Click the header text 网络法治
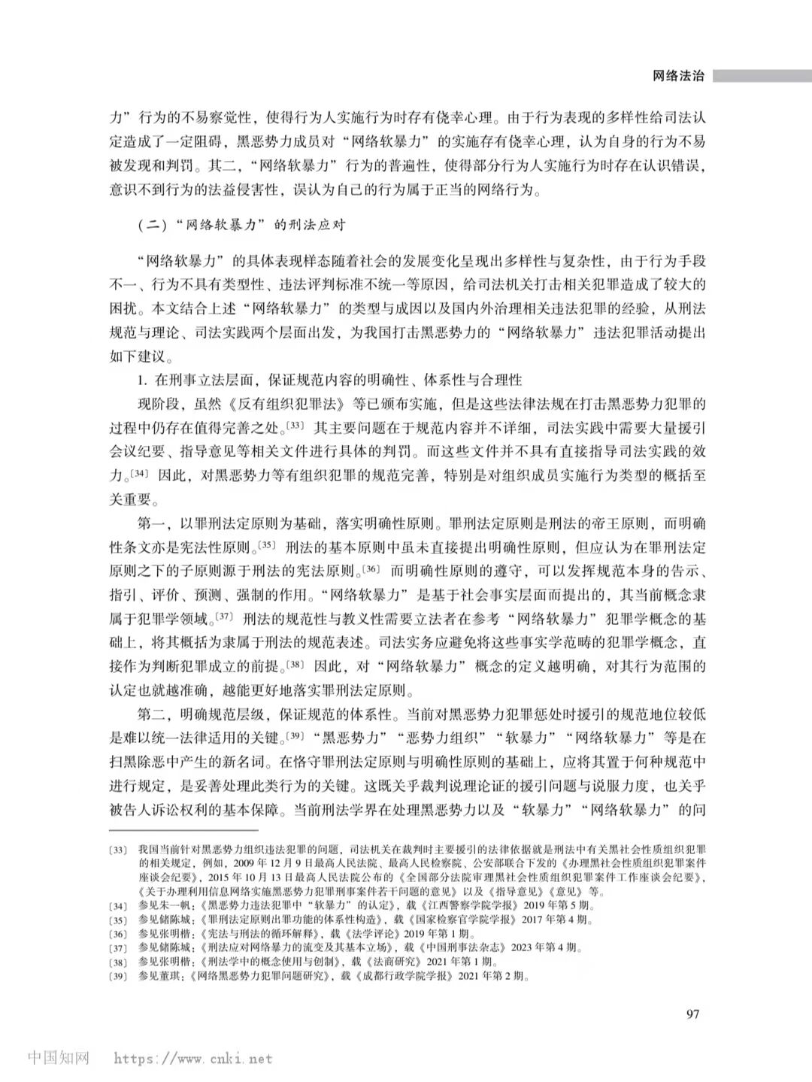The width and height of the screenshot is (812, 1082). pyautogui.click(x=678, y=76)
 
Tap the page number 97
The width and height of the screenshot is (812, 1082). pyautogui.click(x=692, y=1014)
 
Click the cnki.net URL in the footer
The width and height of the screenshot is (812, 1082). pyautogui.click(x=193, y=1059)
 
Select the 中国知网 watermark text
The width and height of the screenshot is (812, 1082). pyautogui.click(x=59, y=1057)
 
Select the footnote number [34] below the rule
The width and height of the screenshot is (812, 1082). pyautogui.click(x=118, y=905)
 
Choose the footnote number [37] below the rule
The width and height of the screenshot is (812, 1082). pyautogui.click(x=118, y=947)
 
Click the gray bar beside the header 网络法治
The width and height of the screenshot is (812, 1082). pyautogui.click(x=762, y=76)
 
